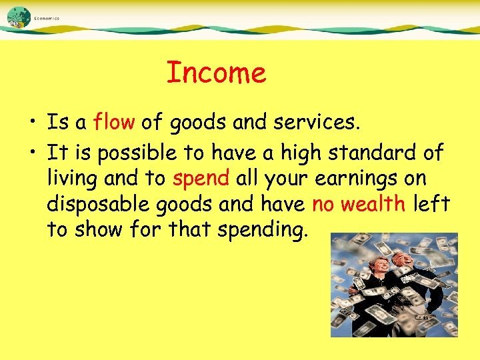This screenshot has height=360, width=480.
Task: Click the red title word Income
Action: click(216, 73)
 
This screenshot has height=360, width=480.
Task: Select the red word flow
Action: click(115, 123)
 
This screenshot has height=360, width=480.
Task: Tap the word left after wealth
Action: click(431, 204)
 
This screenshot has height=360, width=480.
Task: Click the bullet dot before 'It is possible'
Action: click(32, 154)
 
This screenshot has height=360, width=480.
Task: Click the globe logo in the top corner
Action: click(19, 17)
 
